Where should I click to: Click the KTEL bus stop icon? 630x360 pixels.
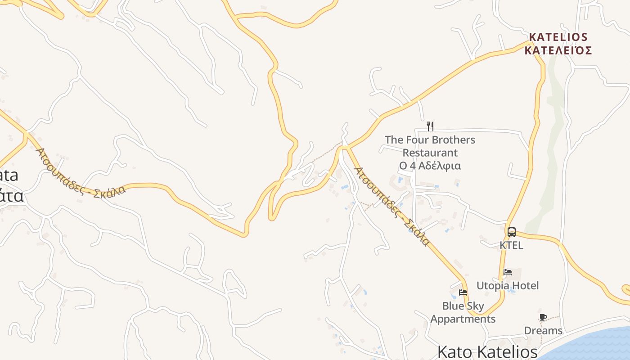pos(512,232)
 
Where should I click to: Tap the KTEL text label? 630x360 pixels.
pos(512,245)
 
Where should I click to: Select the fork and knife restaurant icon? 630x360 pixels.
pos(430,126)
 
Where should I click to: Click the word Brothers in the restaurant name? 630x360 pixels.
pos(453,140)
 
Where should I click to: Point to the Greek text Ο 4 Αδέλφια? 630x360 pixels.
pos(430,166)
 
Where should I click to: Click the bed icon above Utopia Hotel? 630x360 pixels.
pos(508,272)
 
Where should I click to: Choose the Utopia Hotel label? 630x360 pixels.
pos(508,286)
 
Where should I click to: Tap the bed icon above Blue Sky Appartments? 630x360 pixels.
pos(463,292)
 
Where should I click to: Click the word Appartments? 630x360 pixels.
pos(463,319)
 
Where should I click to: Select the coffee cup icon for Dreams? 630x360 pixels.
pos(543,317)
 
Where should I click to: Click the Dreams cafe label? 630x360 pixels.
pos(543,331)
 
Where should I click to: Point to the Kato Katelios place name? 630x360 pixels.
pos(488,352)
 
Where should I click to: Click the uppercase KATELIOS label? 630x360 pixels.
pos(558,37)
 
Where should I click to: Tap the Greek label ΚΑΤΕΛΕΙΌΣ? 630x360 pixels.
pos(558,50)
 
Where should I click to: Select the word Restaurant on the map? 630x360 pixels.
pos(430,153)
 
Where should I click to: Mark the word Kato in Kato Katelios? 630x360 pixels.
pos(455,352)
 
